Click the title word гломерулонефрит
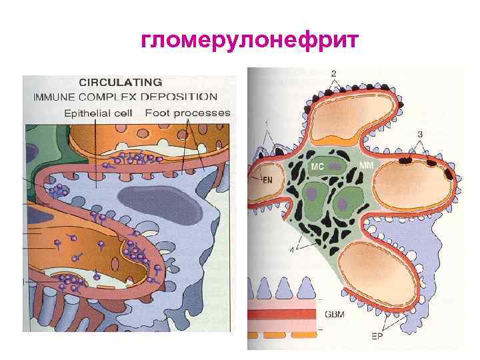click(x=249, y=41)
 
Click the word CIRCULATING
click(x=120, y=83)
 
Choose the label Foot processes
click(x=187, y=113)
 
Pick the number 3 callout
click(x=420, y=135)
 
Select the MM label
click(x=366, y=164)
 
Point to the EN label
click(x=267, y=179)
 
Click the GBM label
click(x=333, y=313)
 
